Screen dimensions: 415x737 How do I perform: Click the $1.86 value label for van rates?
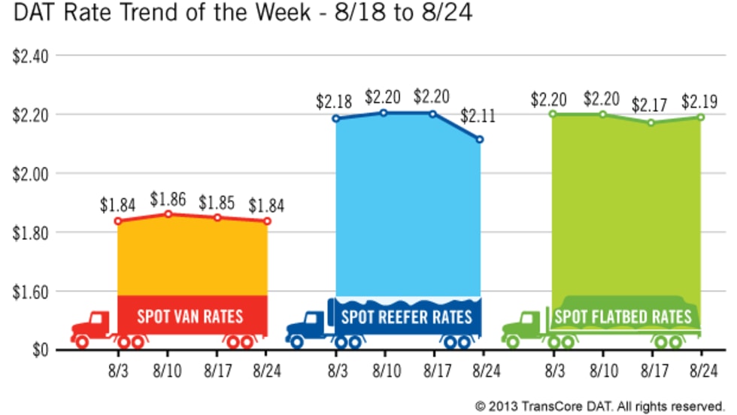168,200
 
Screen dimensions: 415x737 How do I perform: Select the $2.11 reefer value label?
478,116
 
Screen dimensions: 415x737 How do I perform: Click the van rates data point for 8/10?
168,214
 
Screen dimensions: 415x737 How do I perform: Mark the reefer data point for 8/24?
480,139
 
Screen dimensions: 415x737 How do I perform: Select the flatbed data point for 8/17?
651,122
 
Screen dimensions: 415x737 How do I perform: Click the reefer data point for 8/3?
335,118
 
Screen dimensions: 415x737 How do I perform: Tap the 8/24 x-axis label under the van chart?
266,371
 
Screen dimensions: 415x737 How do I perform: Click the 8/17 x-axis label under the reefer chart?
433,371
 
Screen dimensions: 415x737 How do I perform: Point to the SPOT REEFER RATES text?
407,316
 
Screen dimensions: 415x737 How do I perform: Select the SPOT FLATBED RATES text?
623,317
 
